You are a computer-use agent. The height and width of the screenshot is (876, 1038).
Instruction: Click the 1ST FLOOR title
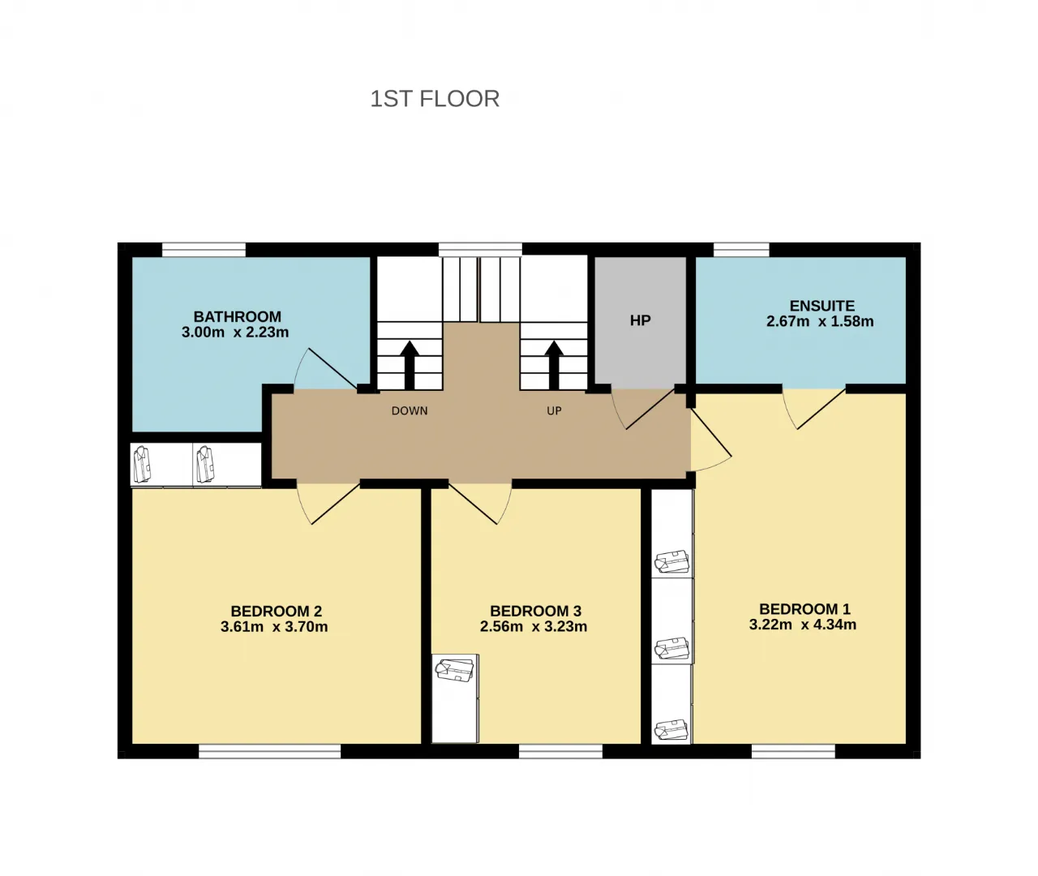click(435, 98)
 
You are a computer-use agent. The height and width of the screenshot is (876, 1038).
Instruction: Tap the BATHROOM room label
click(237, 316)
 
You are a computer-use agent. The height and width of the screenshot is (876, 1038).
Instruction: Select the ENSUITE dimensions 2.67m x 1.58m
click(820, 321)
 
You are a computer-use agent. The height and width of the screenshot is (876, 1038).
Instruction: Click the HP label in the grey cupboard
click(641, 320)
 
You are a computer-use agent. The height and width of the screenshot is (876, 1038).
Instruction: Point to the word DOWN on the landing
click(410, 410)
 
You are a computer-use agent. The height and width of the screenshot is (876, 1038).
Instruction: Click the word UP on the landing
click(555, 410)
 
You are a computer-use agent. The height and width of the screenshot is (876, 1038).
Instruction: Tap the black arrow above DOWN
click(410, 366)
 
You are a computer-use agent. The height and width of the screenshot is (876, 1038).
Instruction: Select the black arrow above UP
click(554, 366)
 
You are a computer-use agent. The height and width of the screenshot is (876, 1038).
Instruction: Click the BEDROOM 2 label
click(277, 611)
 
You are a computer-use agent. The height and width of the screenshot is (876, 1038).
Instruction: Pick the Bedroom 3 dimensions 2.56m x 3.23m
click(534, 626)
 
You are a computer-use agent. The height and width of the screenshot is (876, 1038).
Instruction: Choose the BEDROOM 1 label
click(804, 609)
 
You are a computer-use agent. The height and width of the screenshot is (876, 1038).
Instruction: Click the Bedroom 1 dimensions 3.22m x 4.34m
click(803, 625)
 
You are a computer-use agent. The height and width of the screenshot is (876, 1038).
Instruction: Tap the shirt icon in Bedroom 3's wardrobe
click(454, 670)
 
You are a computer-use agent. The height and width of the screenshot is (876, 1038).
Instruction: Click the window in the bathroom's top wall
click(204, 250)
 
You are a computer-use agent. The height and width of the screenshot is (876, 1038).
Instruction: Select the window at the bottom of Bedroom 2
click(270, 751)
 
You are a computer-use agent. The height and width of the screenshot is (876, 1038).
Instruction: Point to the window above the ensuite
click(741, 250)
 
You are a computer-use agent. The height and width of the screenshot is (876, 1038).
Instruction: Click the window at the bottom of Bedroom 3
click(560, 751)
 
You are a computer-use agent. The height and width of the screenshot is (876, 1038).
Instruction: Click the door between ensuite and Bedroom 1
click(814, 409)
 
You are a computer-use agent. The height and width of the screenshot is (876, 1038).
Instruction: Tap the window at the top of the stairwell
click(480, 250)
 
